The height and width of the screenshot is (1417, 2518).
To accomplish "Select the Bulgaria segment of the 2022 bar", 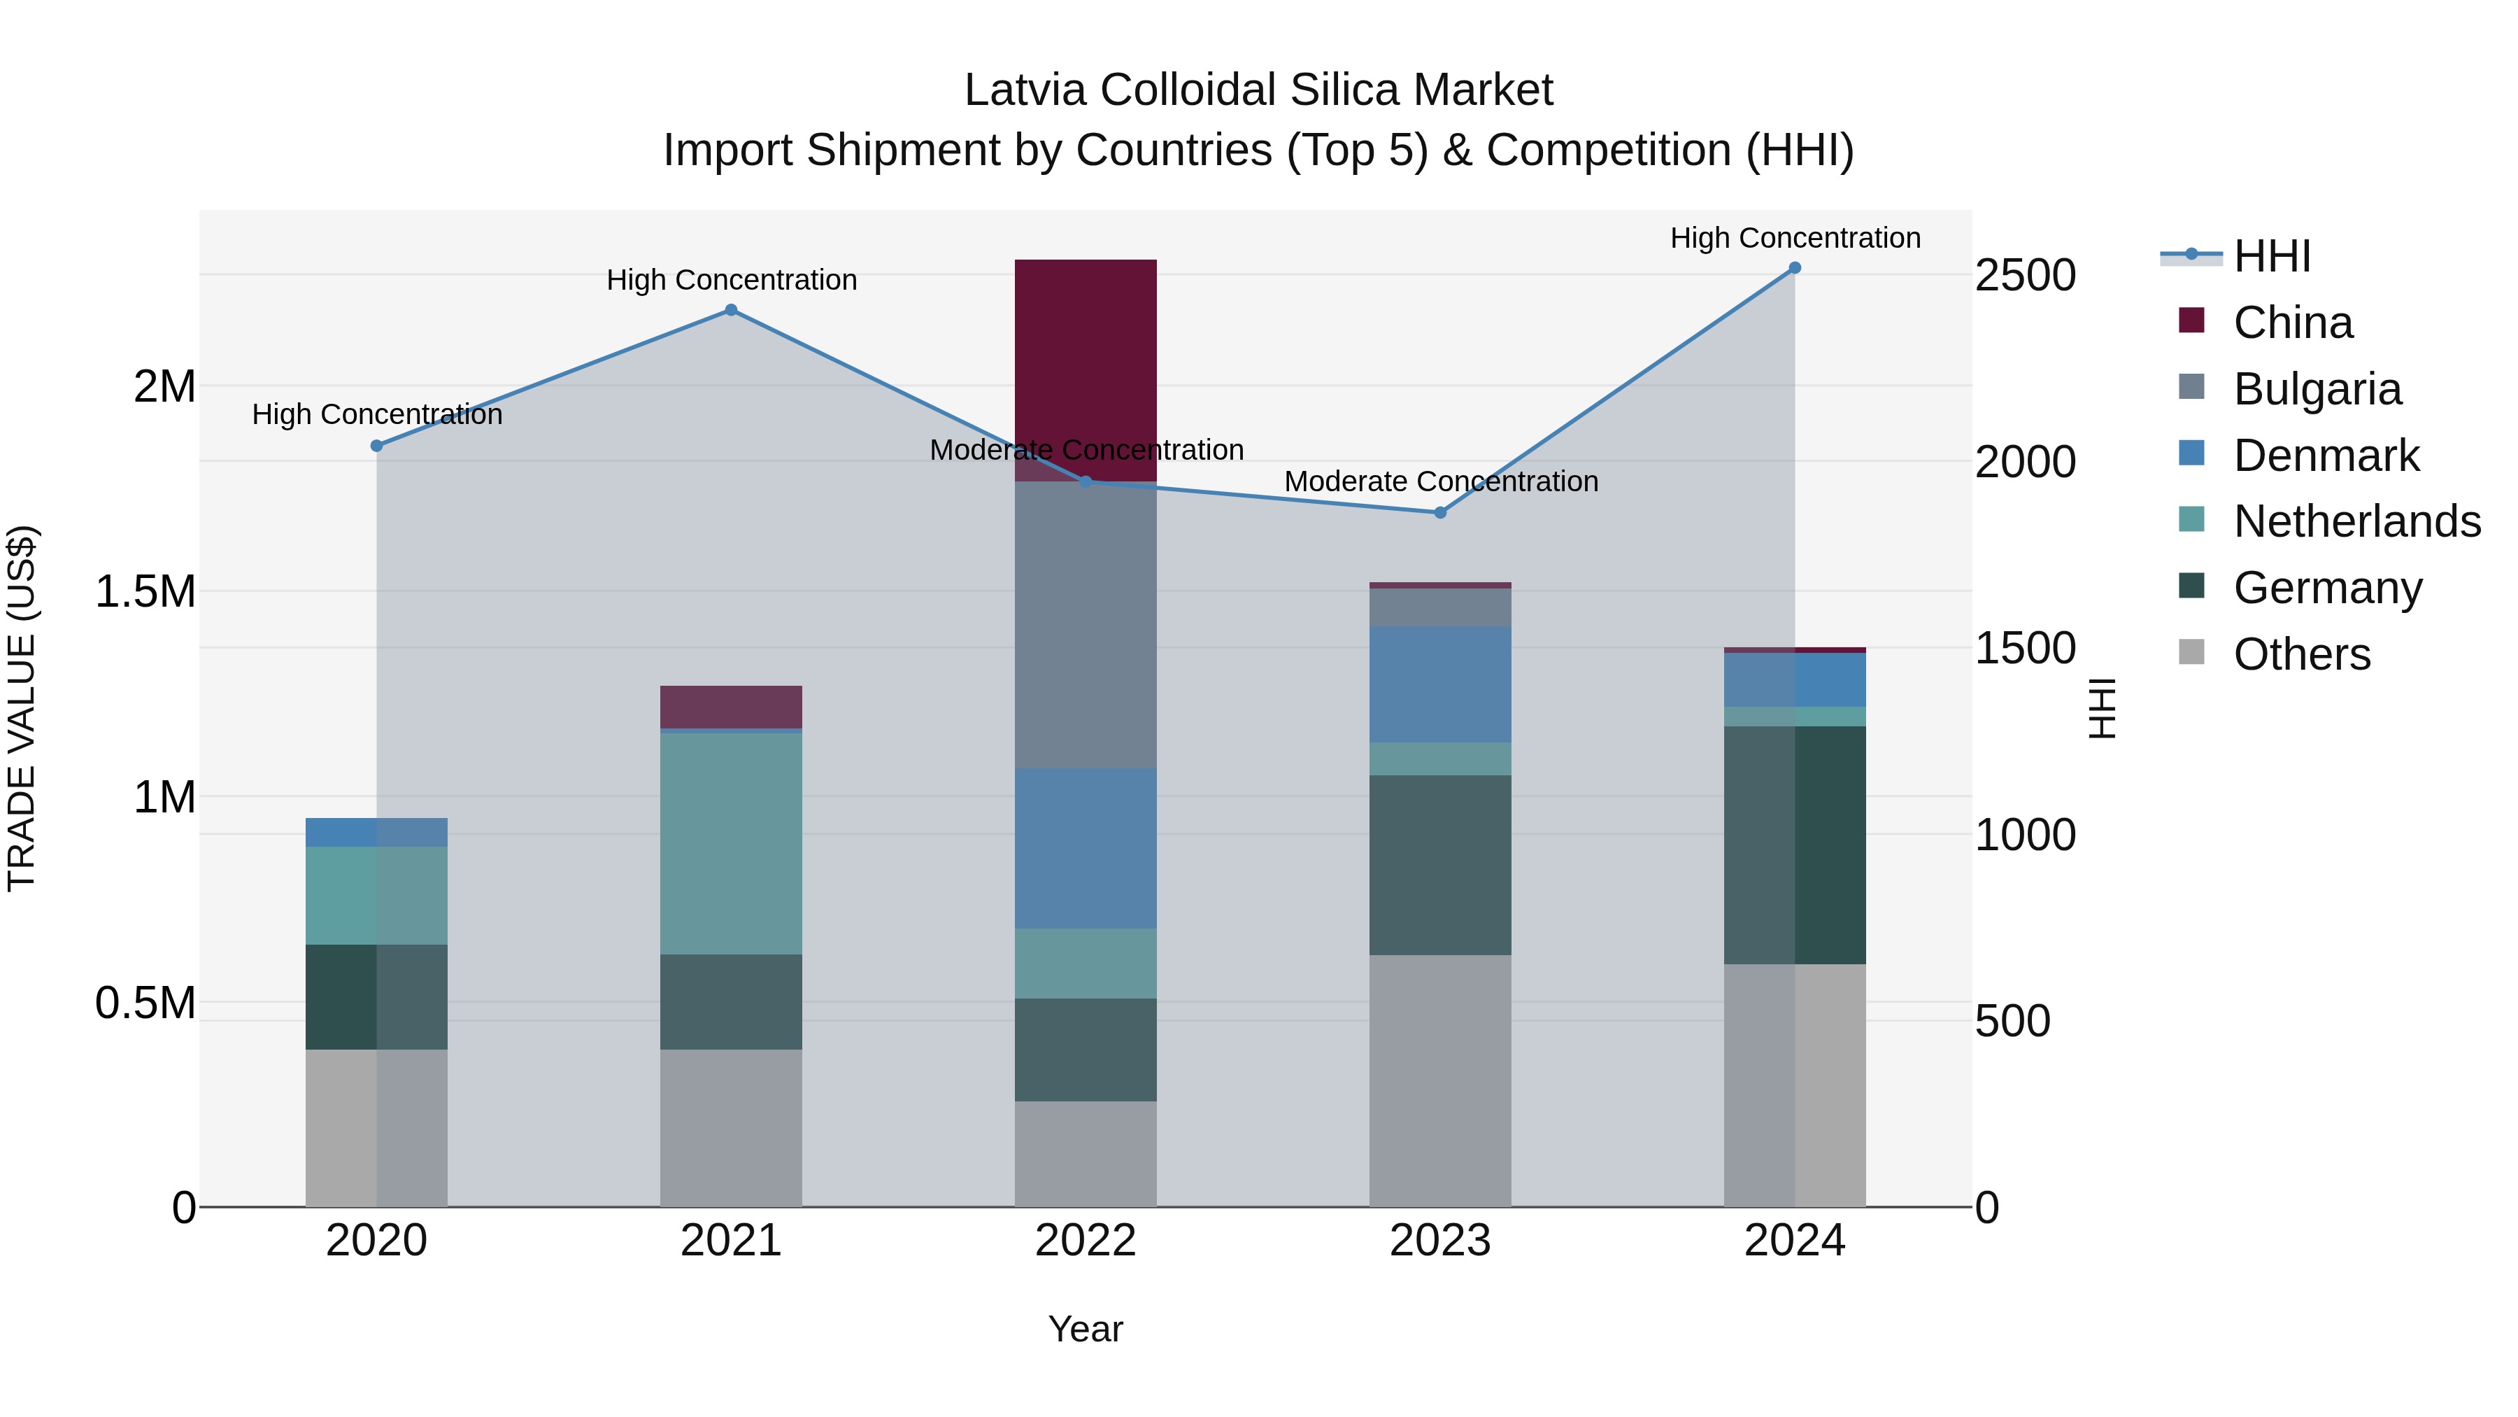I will [x=1085, y=626].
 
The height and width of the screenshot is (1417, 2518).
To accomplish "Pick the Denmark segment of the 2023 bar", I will [x=1440, y=684].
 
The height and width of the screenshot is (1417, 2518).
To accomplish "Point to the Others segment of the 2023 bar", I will [x=1440, y=1080].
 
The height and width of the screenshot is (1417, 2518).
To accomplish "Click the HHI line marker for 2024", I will [x=1795, y=268].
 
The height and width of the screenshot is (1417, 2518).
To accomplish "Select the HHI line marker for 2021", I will [x=730, y=310].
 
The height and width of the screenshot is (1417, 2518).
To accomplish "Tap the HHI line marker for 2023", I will [x=1440, y=512].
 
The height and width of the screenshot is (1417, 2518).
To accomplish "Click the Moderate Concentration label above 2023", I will [x=1441, y=481].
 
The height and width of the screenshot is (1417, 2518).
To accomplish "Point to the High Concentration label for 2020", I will [x=377, y=415].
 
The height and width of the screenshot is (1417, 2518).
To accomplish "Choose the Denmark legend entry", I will [x=2326, y=456].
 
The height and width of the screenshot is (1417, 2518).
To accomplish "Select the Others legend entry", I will [x=2301, y=654].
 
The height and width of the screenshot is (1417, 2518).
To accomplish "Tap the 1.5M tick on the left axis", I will [x=145, y=591].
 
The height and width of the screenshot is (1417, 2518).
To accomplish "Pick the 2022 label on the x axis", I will [x=1085, y=1241].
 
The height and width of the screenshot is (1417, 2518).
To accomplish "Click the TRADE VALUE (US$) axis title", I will [x=22, y=708].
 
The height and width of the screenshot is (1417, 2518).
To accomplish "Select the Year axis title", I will [x=1085, y=1329].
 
